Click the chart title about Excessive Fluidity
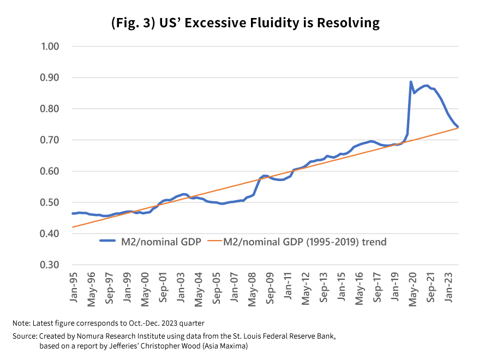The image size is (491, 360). coord(245,23)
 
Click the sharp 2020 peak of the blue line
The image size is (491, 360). coord(411,82)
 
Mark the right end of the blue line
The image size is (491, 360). coord(458,127)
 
